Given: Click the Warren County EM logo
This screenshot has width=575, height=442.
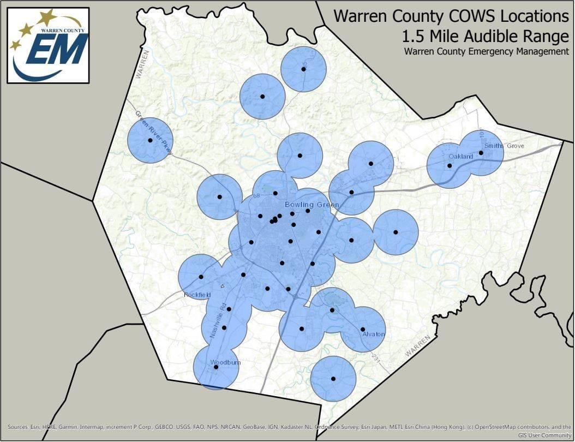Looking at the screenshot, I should click(x=48, y=45).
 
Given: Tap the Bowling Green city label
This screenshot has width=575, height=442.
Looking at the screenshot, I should click(x=312, y=205).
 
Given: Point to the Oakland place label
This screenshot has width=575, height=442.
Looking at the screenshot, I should click(x=461, y=157).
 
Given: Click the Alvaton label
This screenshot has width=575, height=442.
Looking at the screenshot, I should click(x=373, y=334).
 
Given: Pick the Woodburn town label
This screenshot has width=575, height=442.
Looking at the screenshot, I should click(x=225, y=362).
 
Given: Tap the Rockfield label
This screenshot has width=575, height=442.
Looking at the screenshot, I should click(x=197, y=295).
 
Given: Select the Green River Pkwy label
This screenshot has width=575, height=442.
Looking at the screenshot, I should click(x=154, y=134).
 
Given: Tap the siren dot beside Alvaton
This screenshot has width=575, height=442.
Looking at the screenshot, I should click(x=363, y=329).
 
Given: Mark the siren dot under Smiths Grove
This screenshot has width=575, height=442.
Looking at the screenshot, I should click(x=481, y=153).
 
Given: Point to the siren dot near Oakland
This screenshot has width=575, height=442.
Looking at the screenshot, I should click(x=450, y=165).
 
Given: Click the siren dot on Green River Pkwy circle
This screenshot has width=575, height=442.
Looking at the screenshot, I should click(x=150, y=140).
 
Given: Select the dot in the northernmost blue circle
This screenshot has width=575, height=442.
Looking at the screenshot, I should click(x=303, y=69).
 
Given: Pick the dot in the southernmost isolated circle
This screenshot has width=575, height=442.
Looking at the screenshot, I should click(x=333, y=379).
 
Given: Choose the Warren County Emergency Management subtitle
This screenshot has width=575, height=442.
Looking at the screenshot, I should click(x=487, y=52).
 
